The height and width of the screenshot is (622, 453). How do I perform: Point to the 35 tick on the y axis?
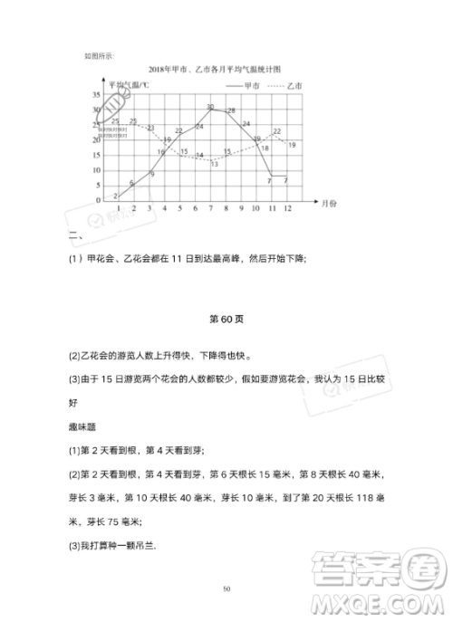[x=96, y=95]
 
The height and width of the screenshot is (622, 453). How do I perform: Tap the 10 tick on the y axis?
[x=96, y=169]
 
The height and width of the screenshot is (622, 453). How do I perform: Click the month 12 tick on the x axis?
[x=288, y=208]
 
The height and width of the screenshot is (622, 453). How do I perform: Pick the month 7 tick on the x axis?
[x=211, y=208]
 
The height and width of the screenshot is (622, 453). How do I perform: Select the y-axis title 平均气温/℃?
[x=126, y=85]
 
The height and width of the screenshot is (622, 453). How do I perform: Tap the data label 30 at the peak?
[x=210, y=107]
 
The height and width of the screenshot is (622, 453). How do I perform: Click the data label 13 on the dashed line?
[x=214, y=163]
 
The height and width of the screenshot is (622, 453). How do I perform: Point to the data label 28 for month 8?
[x=230, y=110]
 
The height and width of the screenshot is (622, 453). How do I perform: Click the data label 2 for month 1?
[x=116, y=195]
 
